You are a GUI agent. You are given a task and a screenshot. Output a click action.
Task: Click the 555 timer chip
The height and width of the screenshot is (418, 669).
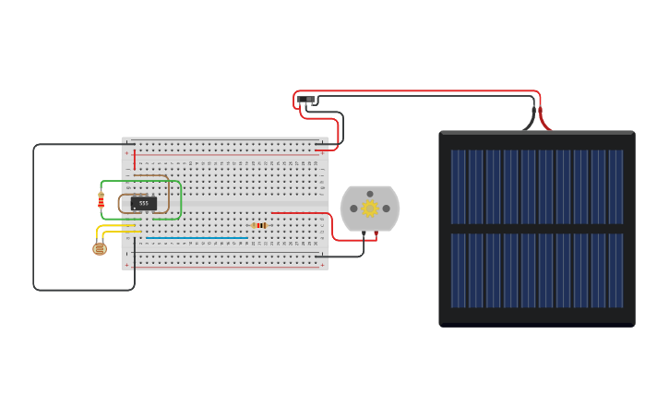click(x=143, y=203)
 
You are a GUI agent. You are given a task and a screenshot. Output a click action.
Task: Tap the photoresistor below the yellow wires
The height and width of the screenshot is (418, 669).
click(x=100, y=248)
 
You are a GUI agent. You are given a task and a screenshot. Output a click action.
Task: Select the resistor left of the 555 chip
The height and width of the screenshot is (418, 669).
click(x=102, y=201)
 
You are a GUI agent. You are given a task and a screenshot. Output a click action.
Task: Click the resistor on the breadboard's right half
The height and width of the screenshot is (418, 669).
click(x=259, y=225)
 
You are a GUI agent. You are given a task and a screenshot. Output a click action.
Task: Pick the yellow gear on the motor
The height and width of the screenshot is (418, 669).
click(x=370, y=209)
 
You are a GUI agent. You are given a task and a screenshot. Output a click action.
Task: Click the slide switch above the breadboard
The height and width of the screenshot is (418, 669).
click(x=306, y=99)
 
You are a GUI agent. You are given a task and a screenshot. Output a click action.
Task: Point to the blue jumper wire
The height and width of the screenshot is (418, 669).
click(x=197, y=238)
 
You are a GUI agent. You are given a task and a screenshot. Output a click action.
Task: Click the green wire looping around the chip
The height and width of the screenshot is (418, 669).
click(x=181, y=199)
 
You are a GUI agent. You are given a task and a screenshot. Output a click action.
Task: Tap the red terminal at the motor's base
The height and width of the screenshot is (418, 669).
click(x=376, y=234)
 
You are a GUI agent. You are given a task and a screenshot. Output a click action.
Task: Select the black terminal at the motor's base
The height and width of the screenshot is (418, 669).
click(x=364, y=234)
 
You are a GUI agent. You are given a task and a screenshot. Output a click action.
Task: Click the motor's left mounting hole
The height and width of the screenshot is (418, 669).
click(x=353, y=209)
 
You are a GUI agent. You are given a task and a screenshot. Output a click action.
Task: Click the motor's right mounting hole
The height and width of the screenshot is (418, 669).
click(x=387, y=209)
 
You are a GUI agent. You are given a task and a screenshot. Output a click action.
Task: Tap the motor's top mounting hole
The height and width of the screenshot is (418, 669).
click(x=370, y=194)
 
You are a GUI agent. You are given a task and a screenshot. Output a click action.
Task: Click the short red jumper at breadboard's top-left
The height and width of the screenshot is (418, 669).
click(x=135, y=160)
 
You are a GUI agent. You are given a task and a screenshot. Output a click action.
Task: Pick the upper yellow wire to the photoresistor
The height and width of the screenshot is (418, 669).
click(x=117, y=225)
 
